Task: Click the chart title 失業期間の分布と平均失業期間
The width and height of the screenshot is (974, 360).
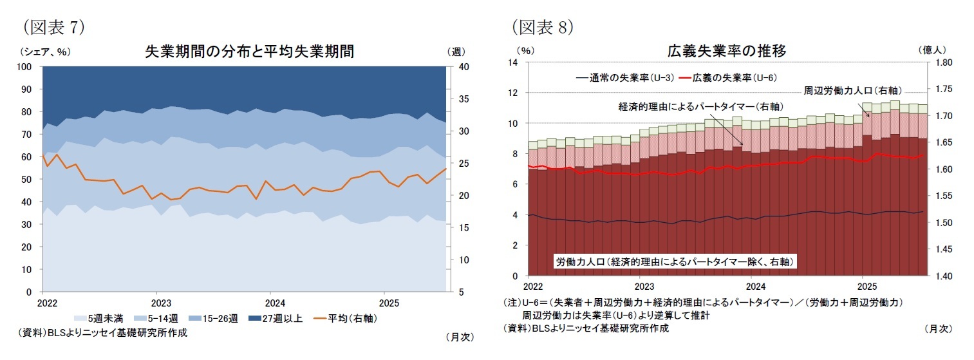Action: click(250, 51)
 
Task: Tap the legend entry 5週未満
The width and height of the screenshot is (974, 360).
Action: click(103, 318)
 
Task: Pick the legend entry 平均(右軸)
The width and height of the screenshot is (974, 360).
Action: click(344, 318)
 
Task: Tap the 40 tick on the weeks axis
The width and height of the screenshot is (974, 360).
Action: click(462, 67)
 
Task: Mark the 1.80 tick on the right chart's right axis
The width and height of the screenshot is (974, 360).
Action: click(942, 62)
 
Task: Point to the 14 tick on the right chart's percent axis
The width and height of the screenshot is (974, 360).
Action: click(513, 62)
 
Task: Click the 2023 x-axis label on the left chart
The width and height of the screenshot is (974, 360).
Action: click(160, 302)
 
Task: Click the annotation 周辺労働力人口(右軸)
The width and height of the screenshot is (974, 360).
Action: click(852, 90)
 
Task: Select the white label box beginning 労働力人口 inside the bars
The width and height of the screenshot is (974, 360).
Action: click(675, 261)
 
